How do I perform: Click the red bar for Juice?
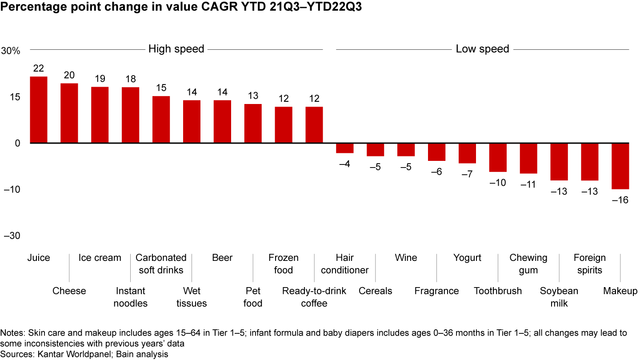[x=39, y=110]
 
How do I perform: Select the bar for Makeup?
[x=620, y=166]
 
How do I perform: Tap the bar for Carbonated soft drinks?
[x=161, y=120]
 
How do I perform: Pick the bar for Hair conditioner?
[x=344, y=148]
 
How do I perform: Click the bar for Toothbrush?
[x=498, y=157]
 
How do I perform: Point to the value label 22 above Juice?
[x=39, y=68]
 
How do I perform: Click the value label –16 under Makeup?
[x=620, y=200]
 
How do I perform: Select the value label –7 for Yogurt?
[x=467, y=174]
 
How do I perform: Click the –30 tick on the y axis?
[x=12, y=236]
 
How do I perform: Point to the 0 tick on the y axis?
[x=18, y=143]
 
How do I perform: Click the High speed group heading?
[x=176, y=49]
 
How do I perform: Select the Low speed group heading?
[x=482, y=49]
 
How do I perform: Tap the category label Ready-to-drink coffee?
[x=305, y=297]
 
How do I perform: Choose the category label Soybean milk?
[x=559, y=297]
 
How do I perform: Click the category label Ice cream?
[x=100, y=258]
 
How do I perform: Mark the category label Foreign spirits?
[x=589, y=264]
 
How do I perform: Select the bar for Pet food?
[x=253, y=124]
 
